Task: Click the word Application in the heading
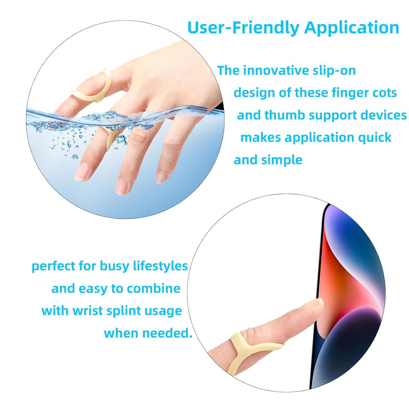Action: (352, 28)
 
